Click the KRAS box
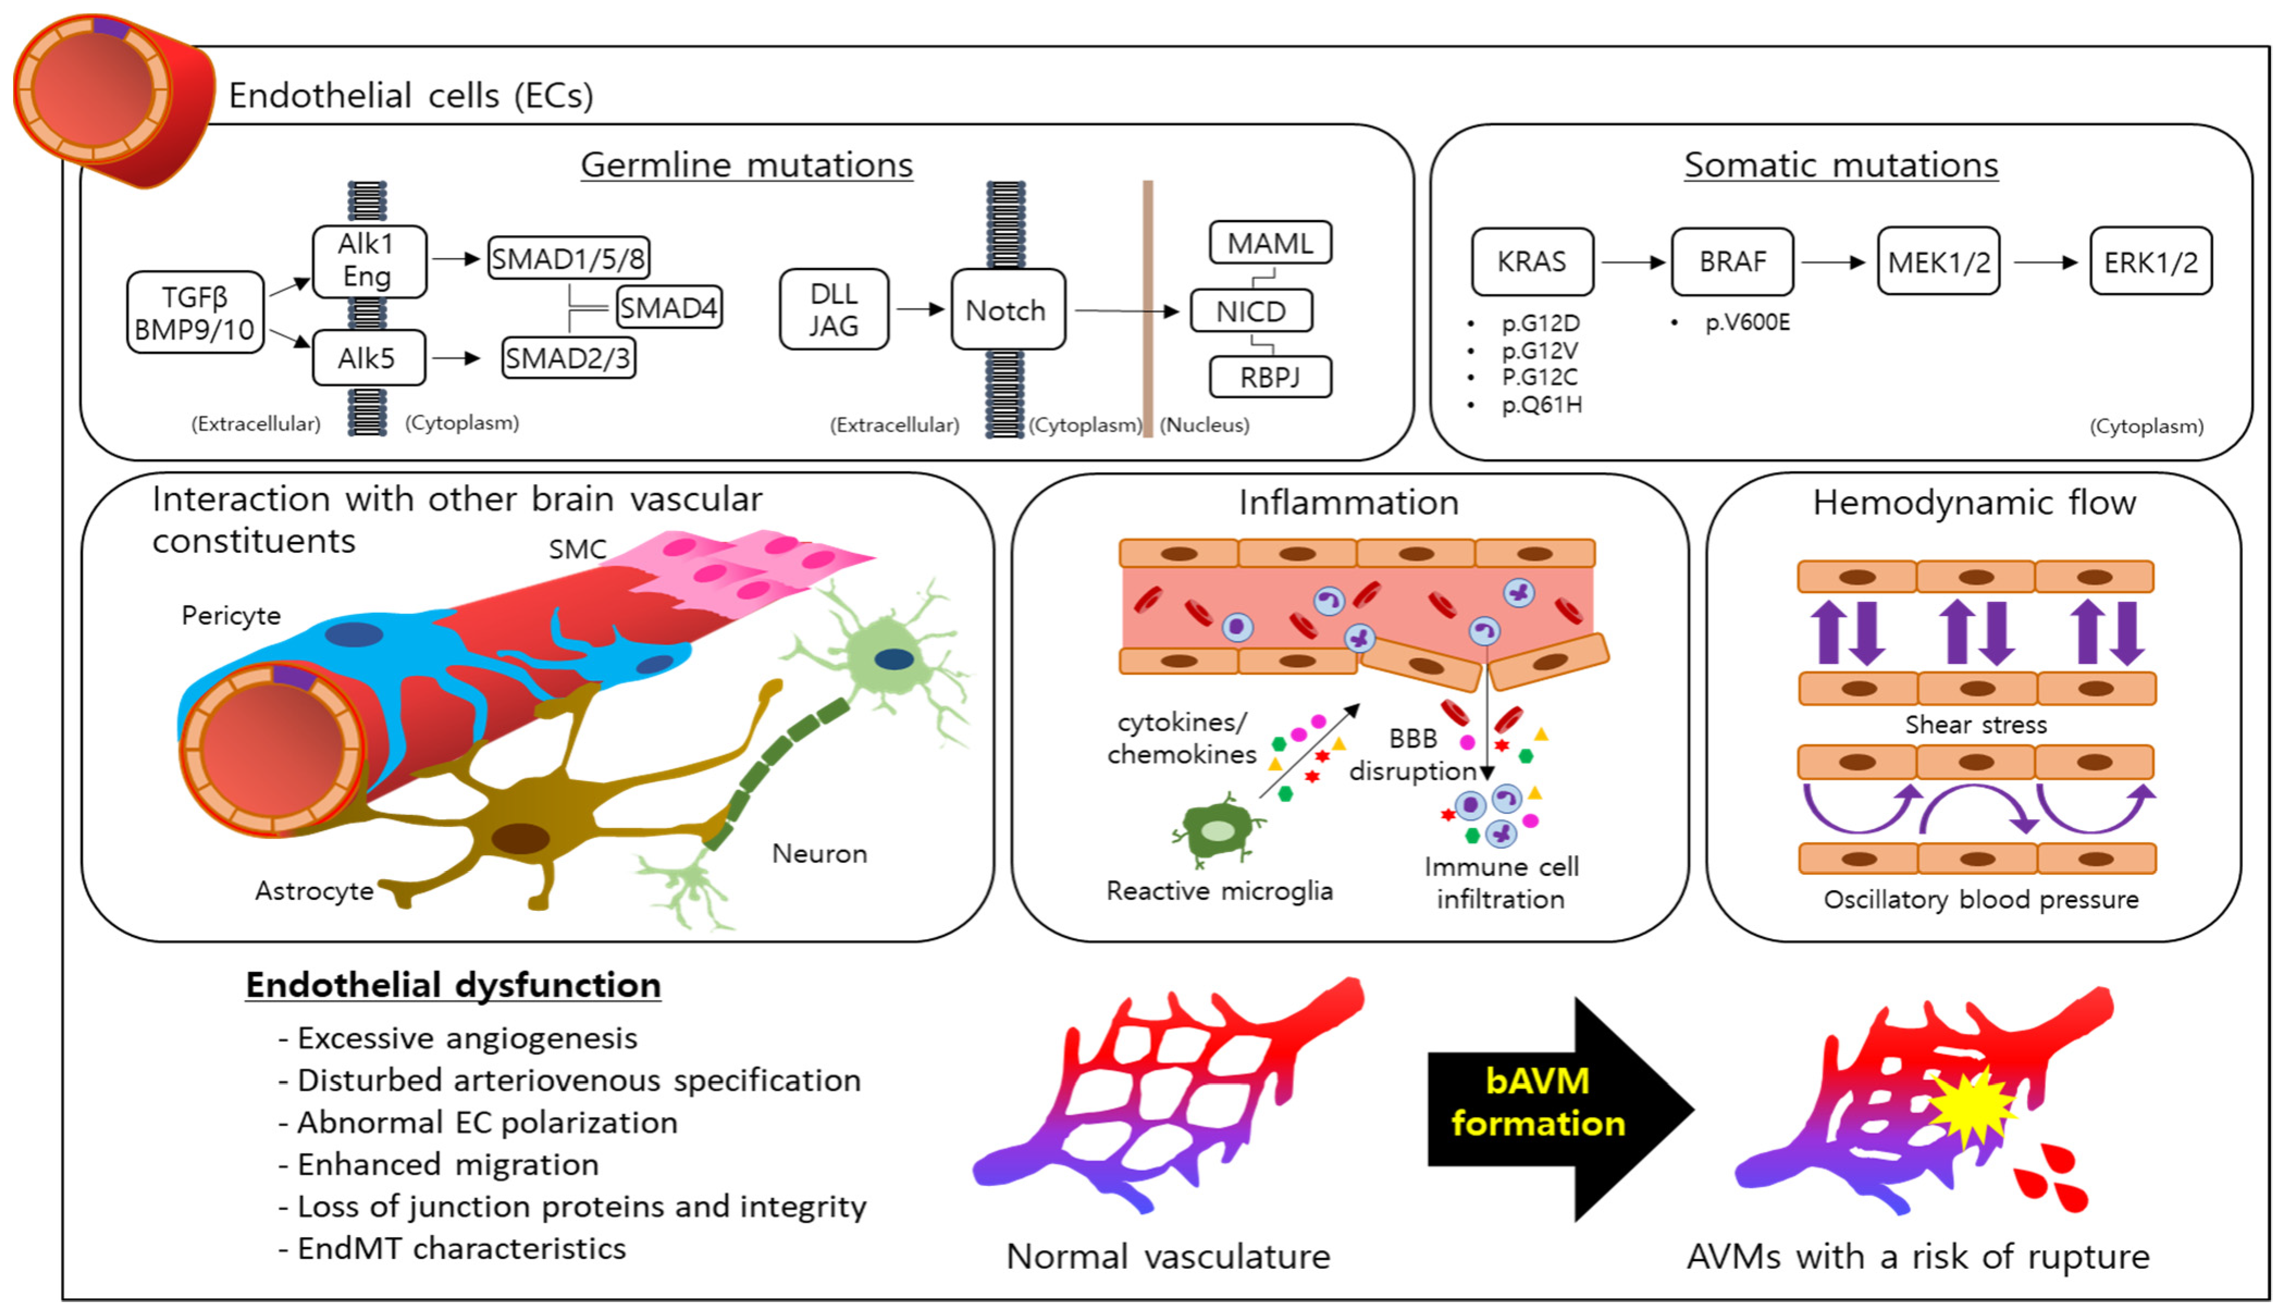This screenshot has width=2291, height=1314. (1532, 262)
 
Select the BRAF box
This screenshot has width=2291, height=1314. (1732, 262)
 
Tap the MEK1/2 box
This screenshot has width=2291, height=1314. (1938, 262)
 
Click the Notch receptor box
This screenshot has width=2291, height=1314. (1007, 310)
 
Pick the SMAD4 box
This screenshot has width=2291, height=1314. (669, 308)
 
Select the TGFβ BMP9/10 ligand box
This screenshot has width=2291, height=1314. (195, 312)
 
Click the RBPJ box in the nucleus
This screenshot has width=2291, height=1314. (1270, 377)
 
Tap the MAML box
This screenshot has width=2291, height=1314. (1270, 243)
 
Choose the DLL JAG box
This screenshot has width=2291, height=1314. (833, 310)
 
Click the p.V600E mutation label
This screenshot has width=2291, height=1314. (1747, 322)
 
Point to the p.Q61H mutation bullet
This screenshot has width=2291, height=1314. (1541, 404)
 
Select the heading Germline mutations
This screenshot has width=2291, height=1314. (746, 165)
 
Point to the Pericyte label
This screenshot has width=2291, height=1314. (231, 615)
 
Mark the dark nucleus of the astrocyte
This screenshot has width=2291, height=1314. (521, 838)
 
